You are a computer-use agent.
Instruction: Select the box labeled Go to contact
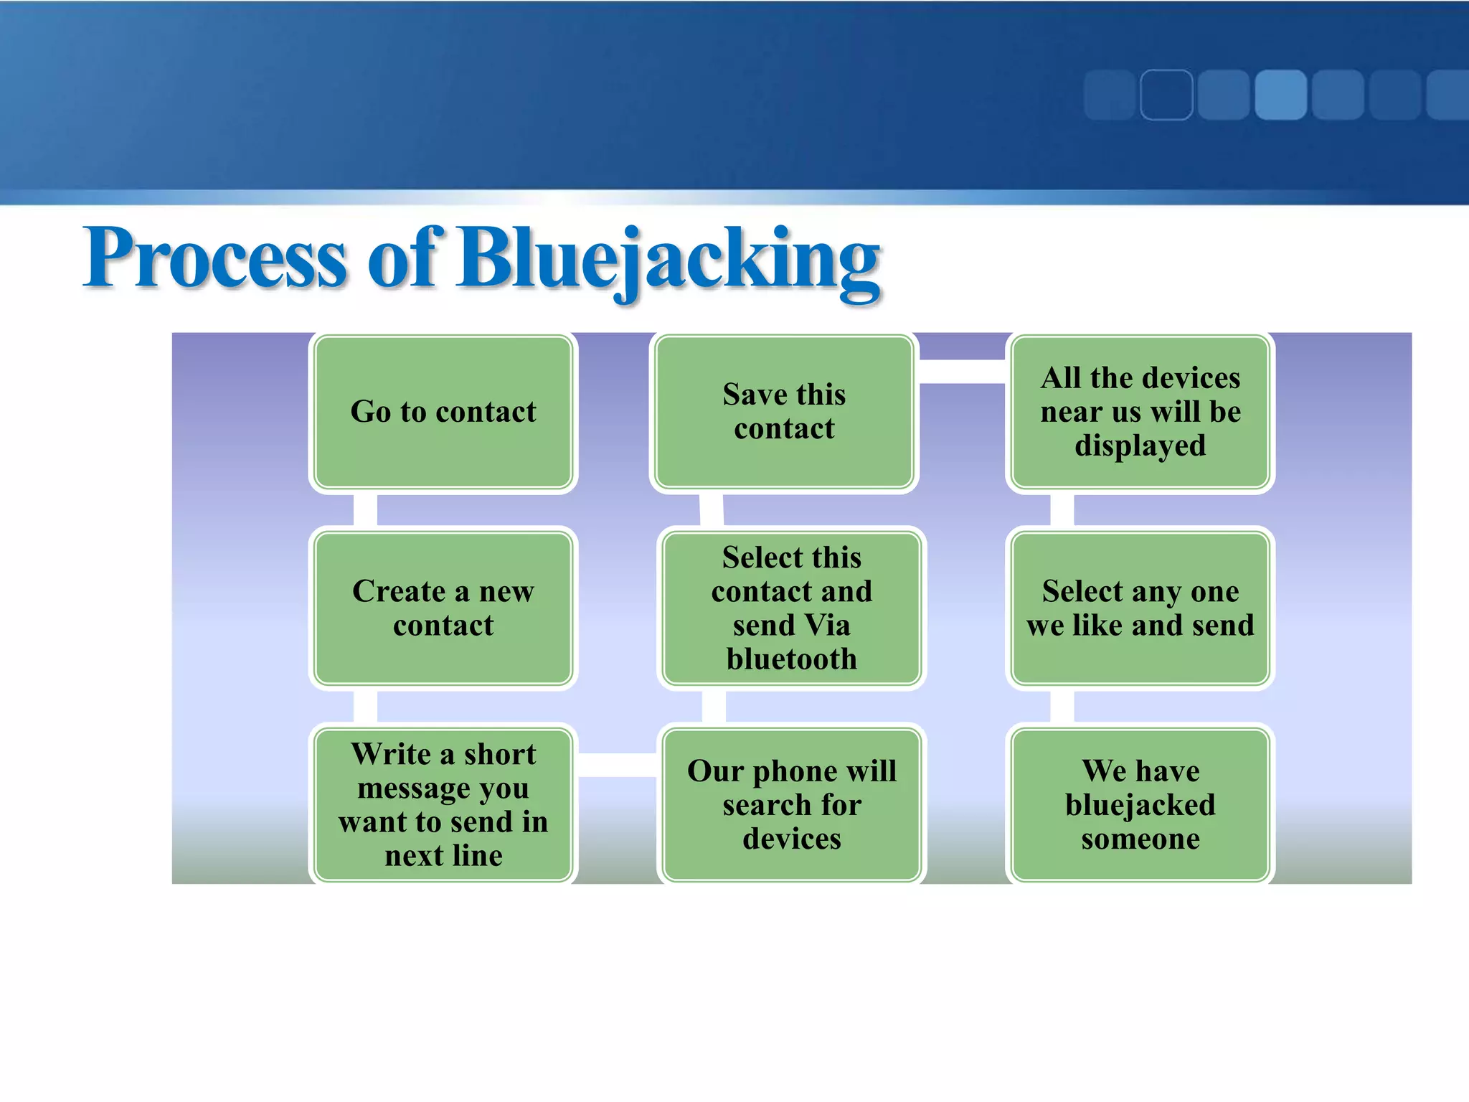(x=443, y=413)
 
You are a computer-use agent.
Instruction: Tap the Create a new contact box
(x=443, y=608)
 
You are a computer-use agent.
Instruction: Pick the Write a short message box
(x=443, y=804)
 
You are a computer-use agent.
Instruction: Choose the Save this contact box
(x=784, y=412)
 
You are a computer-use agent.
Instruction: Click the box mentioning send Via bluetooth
(x=791, y=608)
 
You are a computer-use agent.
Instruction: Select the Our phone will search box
(x=791, y=804)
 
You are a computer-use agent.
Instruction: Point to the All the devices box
(x=1140, y=412)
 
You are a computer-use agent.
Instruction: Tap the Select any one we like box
(x=1140, y=608)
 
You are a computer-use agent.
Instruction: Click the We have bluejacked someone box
(x=1140, y=804)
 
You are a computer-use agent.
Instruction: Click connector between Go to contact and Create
(x=365, y=510)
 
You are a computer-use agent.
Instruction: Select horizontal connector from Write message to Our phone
(x=618, y=765)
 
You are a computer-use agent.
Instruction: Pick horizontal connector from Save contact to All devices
(x=961, y=372)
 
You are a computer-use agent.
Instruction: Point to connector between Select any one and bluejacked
(x=1062, y=707)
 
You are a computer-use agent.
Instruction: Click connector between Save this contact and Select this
(x=712, y=510)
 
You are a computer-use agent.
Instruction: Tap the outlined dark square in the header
(x=1166, y=95)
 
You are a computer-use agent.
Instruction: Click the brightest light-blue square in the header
(x=1280, y=95)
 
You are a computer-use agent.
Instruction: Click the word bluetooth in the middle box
(x=791, y=659)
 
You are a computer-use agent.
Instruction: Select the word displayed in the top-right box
(x=1140, y=446)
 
